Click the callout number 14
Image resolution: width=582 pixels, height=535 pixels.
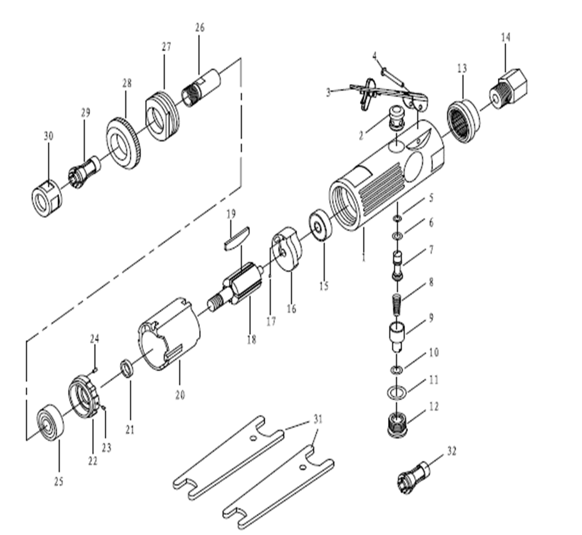[506, 37]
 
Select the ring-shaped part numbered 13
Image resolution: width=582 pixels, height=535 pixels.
[463, 121]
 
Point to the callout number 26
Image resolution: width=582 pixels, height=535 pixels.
[199, 27]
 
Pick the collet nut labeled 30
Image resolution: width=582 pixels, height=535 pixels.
[46, 196]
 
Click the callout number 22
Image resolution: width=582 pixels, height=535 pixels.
[93, 461]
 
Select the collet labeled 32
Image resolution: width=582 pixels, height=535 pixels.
[412, 476]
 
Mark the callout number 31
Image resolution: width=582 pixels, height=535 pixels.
[317, 420]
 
